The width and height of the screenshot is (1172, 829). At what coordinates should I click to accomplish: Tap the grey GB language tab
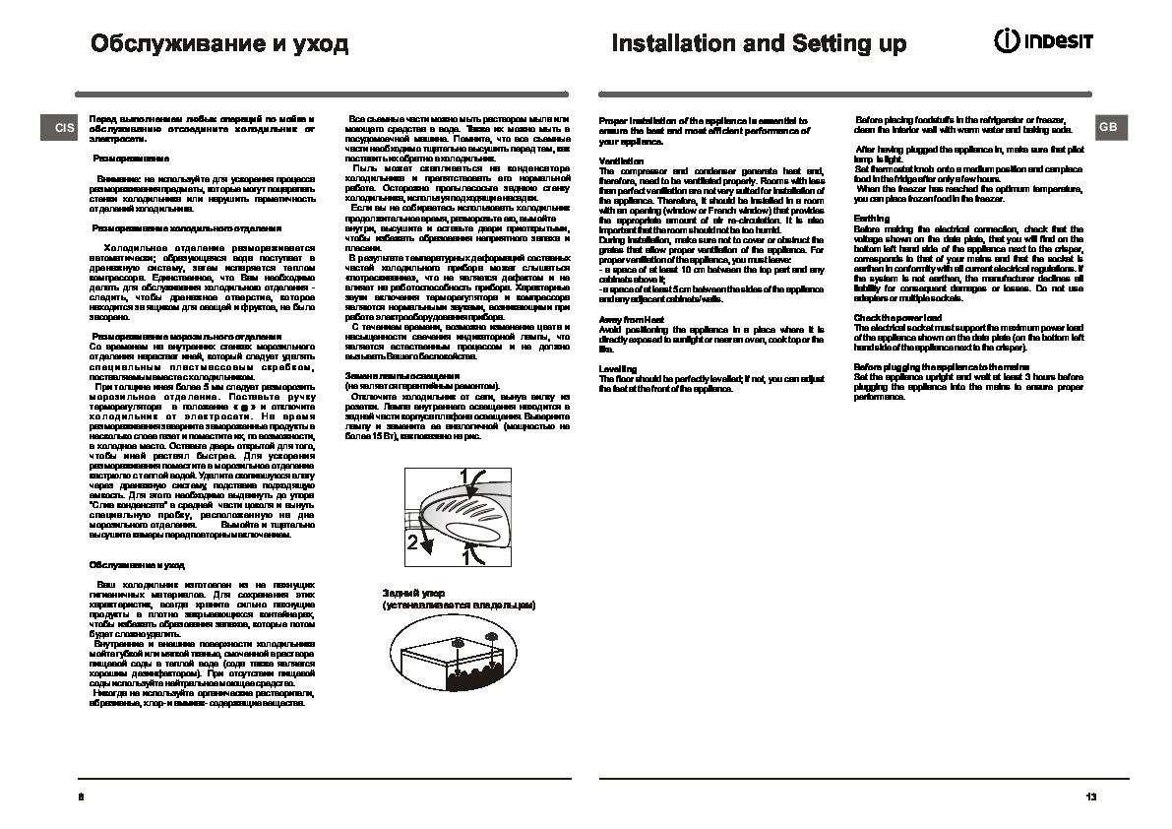(x=1108, y=127)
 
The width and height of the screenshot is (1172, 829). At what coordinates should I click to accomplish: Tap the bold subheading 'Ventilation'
(x=621, y=159)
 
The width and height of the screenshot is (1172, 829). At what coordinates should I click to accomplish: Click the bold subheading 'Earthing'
(x=871, y=219)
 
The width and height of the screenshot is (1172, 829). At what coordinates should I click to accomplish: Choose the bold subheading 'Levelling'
(x=617, y=368)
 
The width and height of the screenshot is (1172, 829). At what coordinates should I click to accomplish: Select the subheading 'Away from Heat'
(x=631, y=320)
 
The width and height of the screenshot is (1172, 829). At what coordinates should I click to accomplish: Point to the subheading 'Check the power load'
(x=897, y=317)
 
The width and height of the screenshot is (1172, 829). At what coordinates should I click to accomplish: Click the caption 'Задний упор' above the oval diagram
(x=410, y=594)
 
